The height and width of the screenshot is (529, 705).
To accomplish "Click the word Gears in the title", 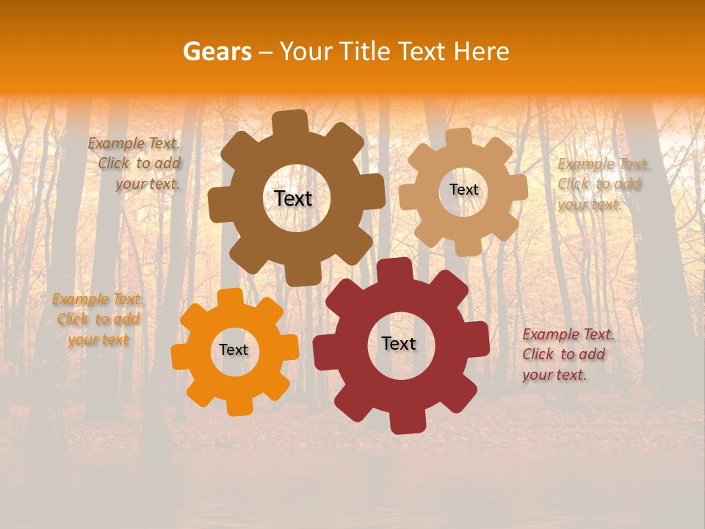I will click(217, 51).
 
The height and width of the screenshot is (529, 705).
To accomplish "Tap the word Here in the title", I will click(482, 51).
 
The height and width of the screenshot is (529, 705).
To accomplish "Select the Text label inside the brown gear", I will click(293, 198).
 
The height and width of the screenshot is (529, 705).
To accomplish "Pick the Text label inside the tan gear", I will click(463, 190).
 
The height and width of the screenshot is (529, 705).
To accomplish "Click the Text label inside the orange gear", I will click(234, 350).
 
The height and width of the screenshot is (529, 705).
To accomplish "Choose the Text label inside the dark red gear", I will click(399, 343).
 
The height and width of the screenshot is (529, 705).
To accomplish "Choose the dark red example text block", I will click(566, 354).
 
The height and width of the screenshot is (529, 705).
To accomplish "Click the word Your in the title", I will click(308, 51).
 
